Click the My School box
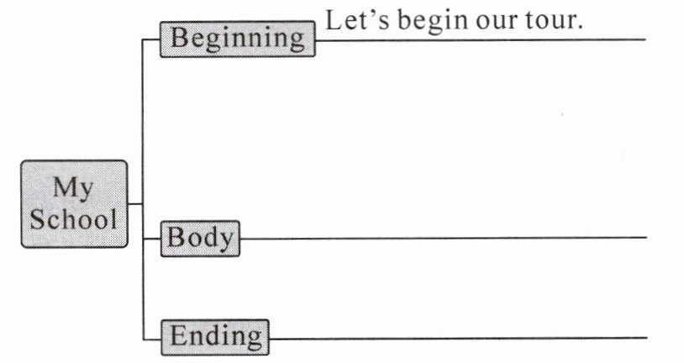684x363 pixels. click(x=75, y=203)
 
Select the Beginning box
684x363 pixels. click(x=238, y=38)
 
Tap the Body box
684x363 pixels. click(x=200, y=238)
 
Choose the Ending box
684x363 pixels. click(x=215, y=336)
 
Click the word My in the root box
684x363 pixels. click(x=74, y=187)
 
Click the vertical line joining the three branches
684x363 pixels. click(x=142, y=143)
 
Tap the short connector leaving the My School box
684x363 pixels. click(x=135, y=203)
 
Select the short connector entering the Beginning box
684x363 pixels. click(x=151, y=39)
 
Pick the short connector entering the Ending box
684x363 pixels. click(x=151, y=337)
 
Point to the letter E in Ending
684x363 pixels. click(x=178, y=336)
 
